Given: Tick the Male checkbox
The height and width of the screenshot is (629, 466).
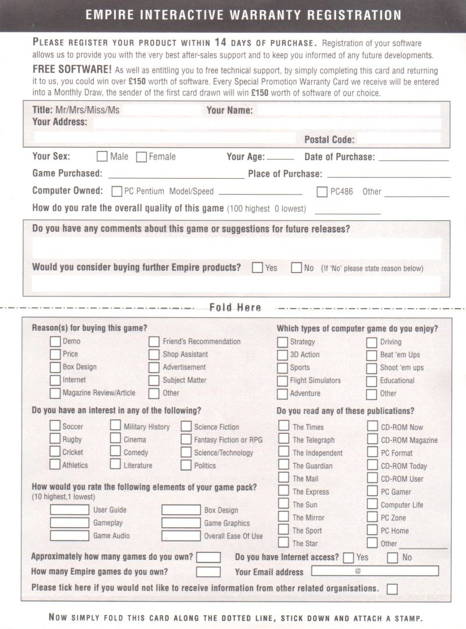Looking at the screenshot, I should (102, 157).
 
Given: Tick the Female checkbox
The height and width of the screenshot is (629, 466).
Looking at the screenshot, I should (141, 157).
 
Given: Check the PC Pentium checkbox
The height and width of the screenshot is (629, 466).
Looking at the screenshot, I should (116, 191).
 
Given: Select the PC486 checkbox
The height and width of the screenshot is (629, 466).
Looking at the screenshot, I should (322, 191).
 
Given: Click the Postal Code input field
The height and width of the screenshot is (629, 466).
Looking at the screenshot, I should (398, 140).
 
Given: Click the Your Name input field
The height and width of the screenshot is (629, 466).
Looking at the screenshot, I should (348, 110).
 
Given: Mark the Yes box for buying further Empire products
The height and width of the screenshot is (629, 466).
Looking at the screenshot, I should (257, 268).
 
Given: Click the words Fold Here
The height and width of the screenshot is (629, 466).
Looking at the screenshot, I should (235, 308).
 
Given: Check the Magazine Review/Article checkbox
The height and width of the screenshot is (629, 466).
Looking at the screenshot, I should (55, 393).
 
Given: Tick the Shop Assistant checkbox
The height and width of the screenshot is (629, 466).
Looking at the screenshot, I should (154, 355).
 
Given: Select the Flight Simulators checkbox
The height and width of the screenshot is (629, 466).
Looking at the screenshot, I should (283, 381).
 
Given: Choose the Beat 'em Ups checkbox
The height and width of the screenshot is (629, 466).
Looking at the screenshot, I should (372, 355).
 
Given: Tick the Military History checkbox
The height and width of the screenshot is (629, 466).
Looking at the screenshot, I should (115, 426).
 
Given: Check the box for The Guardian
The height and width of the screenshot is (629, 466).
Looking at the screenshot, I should (283, 465).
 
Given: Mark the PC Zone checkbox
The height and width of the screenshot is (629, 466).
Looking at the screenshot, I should (372, 517).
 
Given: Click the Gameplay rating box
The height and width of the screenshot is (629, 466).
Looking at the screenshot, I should (69, 523).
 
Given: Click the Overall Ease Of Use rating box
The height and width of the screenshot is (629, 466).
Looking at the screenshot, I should (181, 536).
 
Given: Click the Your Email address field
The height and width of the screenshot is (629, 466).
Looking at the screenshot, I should (375, 571).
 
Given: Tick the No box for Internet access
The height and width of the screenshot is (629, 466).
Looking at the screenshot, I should (393, 557).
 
